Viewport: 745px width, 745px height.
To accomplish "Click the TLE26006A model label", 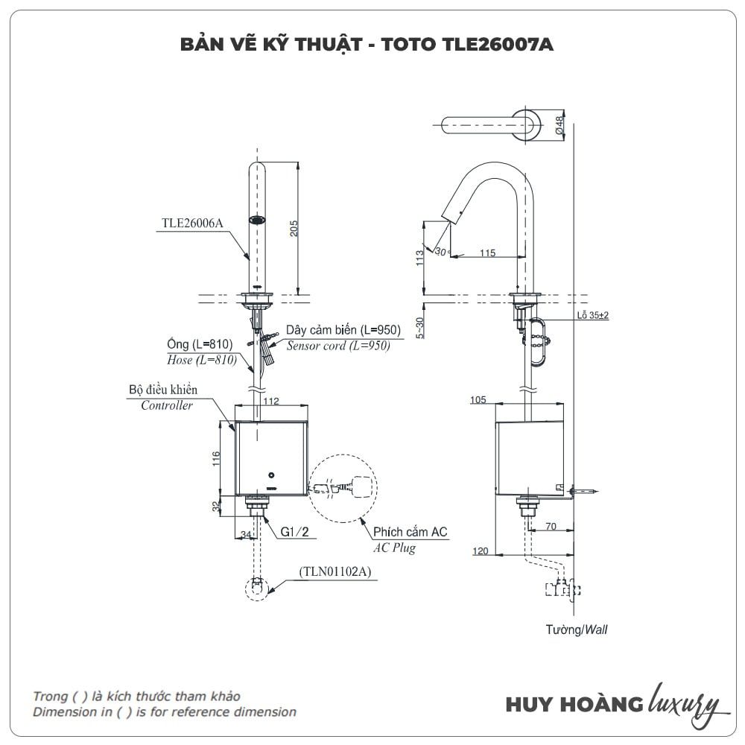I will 192,221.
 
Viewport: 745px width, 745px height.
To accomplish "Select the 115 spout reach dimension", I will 486,253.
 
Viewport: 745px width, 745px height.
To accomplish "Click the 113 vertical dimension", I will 419,258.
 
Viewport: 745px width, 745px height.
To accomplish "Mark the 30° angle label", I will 440,253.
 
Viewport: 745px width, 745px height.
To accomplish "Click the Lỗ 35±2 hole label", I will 592,315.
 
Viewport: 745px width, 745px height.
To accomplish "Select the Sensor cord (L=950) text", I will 338,346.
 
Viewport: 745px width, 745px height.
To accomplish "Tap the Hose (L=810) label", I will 202,360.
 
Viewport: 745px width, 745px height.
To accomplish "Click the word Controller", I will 167,405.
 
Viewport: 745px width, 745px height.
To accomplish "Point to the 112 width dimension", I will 271,402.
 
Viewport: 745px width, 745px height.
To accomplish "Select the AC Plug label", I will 394,548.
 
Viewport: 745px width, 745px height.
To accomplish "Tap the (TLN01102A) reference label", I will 336,571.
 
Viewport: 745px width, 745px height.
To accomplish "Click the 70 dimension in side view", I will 551,526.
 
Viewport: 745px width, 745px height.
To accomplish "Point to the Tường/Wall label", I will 576,630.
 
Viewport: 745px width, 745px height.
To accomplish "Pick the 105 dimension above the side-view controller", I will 478,401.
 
